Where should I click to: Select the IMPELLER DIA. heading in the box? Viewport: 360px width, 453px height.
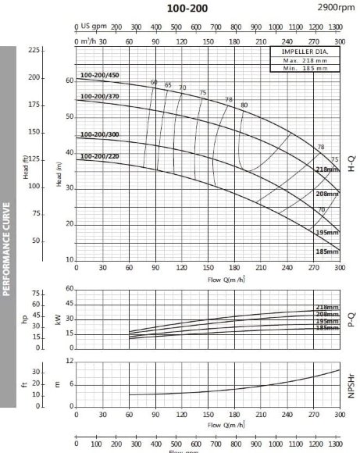(305, 52)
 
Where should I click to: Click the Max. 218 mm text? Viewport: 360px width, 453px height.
(305, 60)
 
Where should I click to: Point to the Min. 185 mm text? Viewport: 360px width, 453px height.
(305, 69)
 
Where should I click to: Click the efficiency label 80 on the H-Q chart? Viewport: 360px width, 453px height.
(244, 105)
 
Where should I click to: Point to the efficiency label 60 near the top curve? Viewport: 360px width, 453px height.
(154, 83)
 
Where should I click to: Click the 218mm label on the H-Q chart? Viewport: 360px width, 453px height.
(327, 169)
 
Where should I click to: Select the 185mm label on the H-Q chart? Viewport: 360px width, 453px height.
(327, 251)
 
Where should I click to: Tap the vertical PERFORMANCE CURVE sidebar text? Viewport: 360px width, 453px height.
(6, 249)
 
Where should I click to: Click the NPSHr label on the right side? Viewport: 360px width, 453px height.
(351, 387)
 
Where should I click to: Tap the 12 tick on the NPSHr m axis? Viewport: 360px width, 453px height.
(70, 361)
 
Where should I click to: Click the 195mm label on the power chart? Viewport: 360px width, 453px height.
(327, 321)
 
